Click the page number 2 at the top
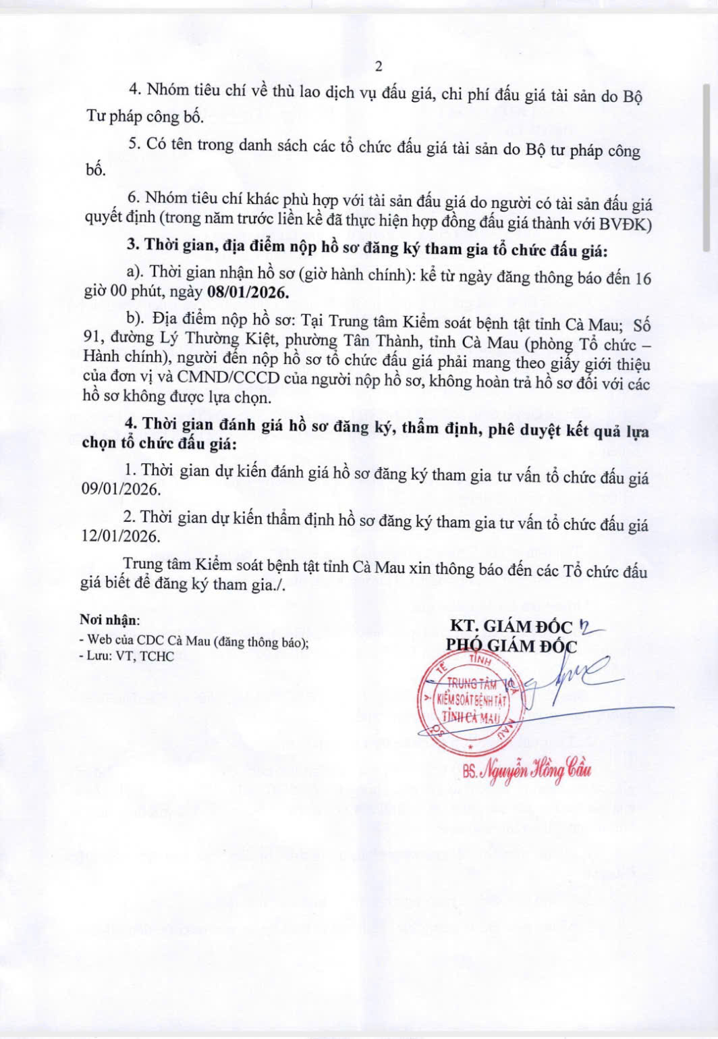tap(378, 66)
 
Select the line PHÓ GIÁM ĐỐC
tap(511, 646)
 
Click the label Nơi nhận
tap(109, 620)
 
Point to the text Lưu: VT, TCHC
tap(130, 656)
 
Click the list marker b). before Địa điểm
tap(136, 318)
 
